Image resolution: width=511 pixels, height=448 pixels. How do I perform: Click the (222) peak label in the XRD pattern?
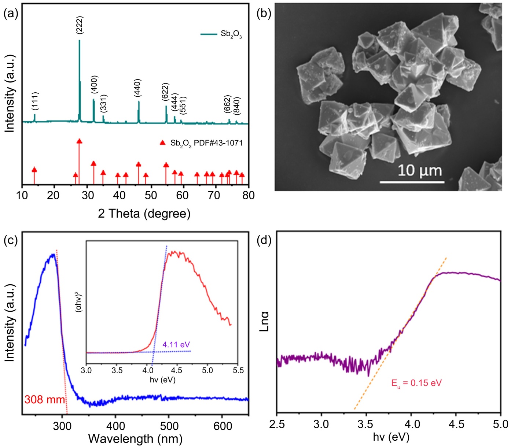click(x=80, y=25)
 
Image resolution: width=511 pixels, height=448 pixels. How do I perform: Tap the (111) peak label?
click(x=35, y=101)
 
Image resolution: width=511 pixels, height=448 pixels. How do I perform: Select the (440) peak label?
click(x=137, y=88)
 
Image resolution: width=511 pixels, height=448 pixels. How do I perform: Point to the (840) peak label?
click(x=236, y=105)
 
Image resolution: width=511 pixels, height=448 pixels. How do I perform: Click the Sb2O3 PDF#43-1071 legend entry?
click(x=206, y=143)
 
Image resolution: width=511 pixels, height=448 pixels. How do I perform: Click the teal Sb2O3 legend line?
click(x=209, y=34)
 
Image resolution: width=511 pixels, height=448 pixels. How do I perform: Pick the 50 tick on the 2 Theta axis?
click(x=151, y=195)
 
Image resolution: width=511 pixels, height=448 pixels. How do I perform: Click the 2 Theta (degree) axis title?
click(x=144, y=213)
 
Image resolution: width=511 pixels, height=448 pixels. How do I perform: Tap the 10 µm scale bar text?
click(x=420, y=170)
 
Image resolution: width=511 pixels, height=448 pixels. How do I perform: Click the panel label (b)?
click(x=264, y=14)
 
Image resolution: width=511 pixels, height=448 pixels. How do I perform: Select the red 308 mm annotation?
click(x=44, y=399)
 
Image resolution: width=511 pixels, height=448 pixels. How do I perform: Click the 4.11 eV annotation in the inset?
click(x=176, y=344)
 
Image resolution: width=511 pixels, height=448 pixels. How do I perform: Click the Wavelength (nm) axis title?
click(x=135, y=438)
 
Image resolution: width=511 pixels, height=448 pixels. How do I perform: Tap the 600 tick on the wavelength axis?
click(x=223, y=426)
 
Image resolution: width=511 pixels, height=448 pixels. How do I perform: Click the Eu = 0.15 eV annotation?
click(x=416, y=384)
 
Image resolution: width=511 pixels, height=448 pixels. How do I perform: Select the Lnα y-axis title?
click(x=264, y=321)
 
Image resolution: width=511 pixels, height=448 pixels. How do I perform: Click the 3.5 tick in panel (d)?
click(x=366, y=424)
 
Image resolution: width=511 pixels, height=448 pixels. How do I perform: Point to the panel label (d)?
click(x=264, y=241)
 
